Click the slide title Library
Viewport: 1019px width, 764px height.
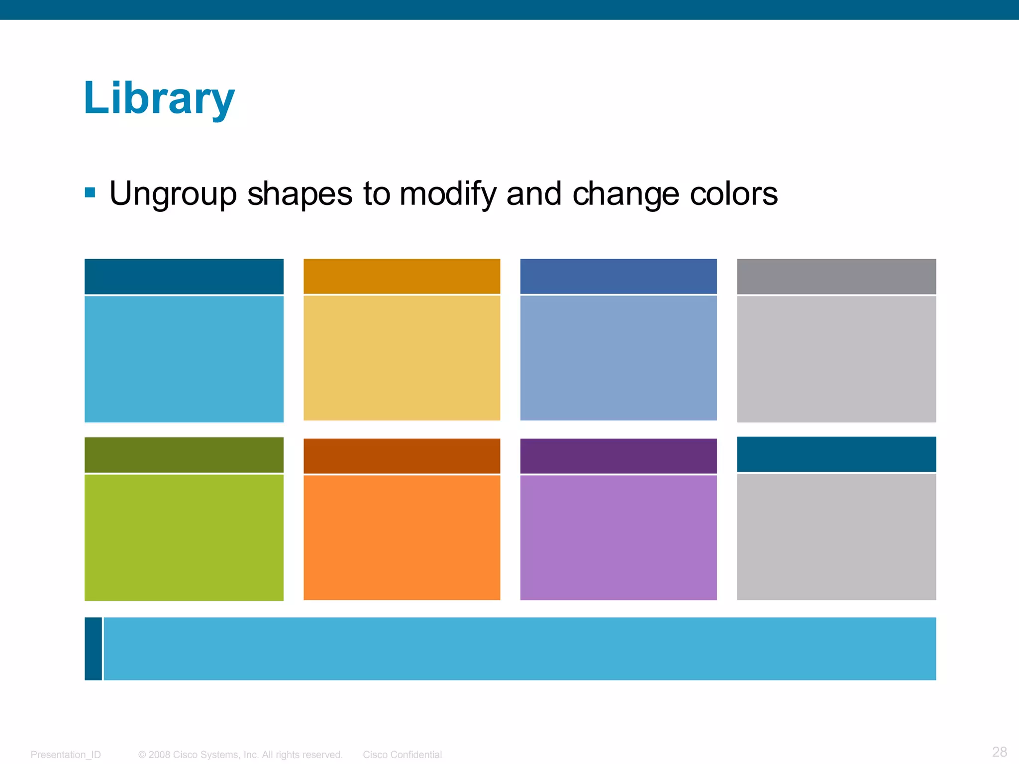(x=159, y=98)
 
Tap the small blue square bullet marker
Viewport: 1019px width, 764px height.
(x=90, y=192)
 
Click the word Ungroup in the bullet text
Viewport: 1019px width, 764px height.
(x=173, y=193)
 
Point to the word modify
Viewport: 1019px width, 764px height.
(x=447, y=193)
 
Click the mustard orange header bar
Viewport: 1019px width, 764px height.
(x=402, y=276)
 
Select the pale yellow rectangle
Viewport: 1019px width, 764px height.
(x=402, y=358)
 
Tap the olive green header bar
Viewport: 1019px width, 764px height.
(x=184, y=455)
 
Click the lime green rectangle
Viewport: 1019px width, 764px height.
(x=184, y=537)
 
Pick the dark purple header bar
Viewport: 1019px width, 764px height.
(x=618, y=456)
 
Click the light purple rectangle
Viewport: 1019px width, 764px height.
(x=618, y=537)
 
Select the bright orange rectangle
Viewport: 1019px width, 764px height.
(x=402, y=537)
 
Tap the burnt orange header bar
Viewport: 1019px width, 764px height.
(x=402, y=456)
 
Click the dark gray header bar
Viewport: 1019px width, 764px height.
(x=836, y=276)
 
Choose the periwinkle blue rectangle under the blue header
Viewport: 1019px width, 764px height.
(x=618, y=358)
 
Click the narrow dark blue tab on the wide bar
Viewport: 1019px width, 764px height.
(x=93, y=649)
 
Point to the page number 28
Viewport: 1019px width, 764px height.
(x=999, y=752)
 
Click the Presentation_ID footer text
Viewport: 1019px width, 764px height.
(x=66, y=755)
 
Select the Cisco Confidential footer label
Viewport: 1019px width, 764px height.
(x=402, y=755)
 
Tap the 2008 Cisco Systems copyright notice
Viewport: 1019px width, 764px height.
(x=240, y=755)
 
